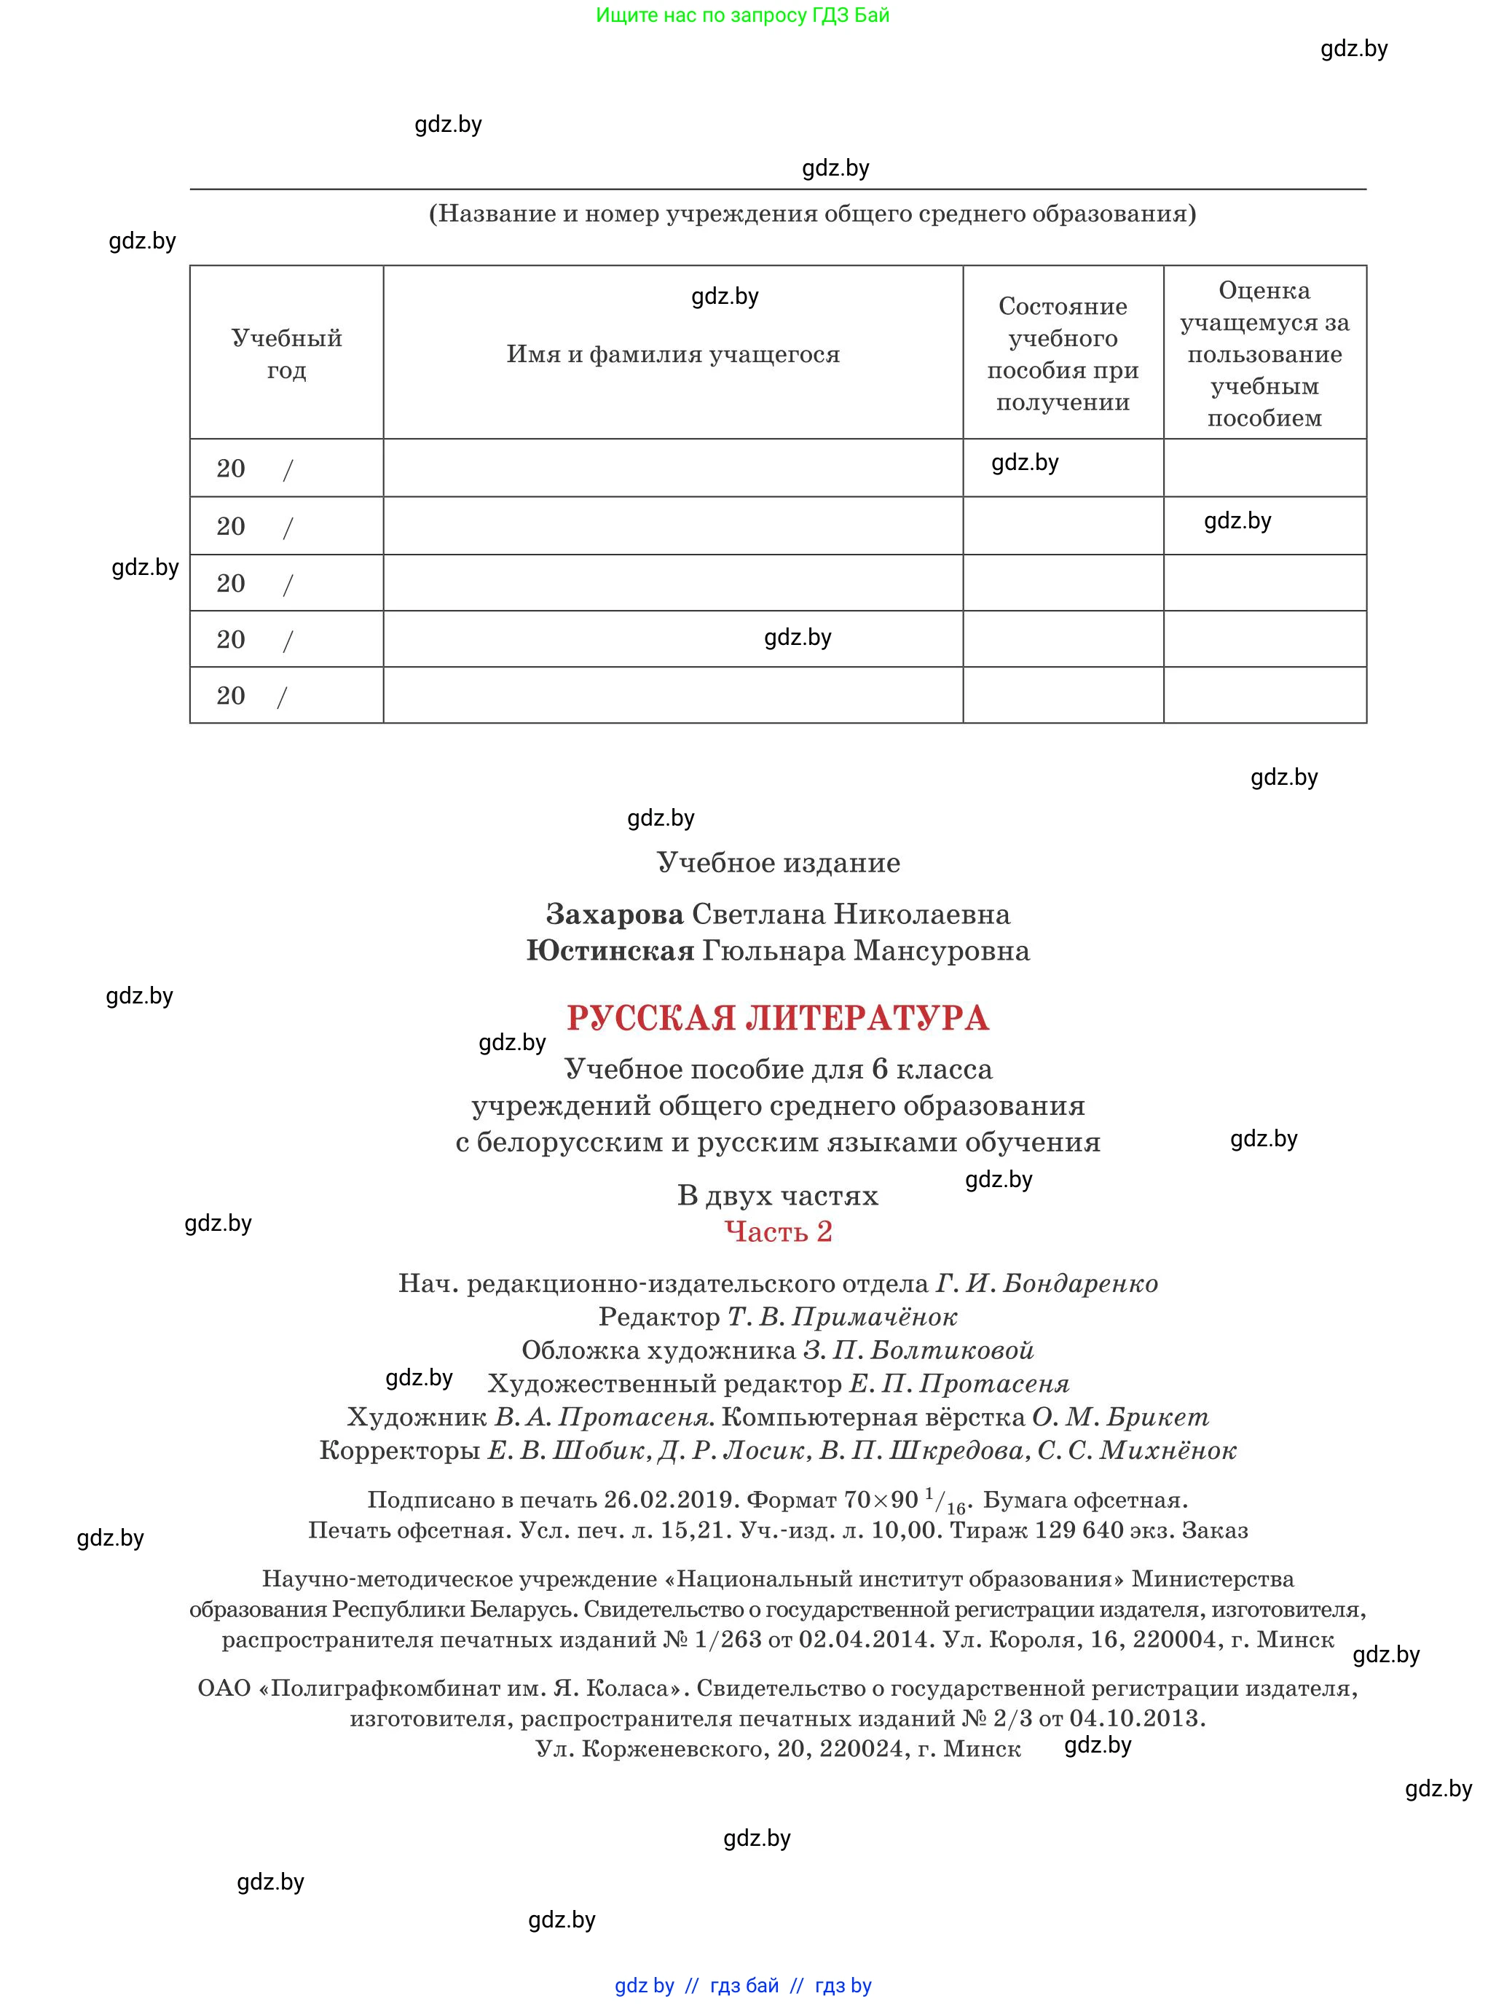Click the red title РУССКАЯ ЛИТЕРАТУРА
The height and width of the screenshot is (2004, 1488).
(x=777, y=1018)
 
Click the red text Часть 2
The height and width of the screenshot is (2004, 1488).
(x=778, y=1232)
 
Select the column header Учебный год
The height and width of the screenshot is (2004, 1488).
(x=286, y=354)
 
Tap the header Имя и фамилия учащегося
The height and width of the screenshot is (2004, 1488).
(x=673, y=355)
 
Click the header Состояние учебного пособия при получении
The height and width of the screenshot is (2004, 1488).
(x=1063, y=354)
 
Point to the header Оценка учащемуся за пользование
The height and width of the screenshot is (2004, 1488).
(x=1264, y=353)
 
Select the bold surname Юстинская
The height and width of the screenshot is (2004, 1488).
(x=610, y=952)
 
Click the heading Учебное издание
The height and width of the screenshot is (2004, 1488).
(x=778, y=864)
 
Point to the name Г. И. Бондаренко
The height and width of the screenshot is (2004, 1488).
(x=1047, y=1284)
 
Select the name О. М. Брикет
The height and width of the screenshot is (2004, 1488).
(x=1119, y=1417)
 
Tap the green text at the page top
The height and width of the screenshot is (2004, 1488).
(x=742, y=15)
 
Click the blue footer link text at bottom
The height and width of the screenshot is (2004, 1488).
(x=742, y=1986)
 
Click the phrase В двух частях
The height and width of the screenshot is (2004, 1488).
(x=777, y=1196)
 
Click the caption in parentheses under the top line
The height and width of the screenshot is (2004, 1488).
(x=812, y=214)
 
